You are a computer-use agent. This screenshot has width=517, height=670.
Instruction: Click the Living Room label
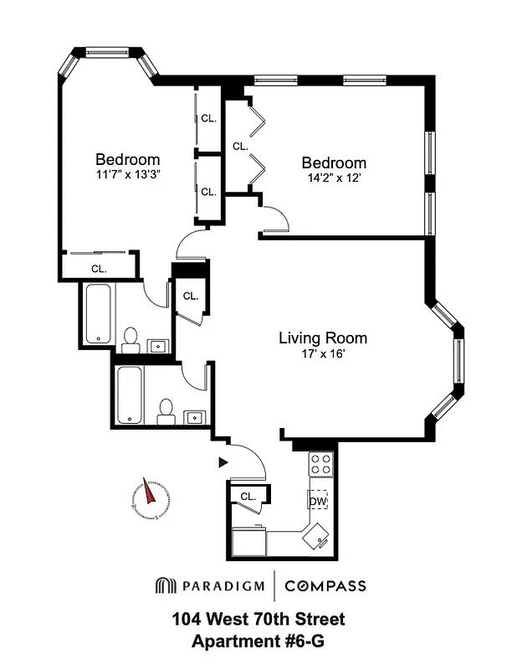[322, 338]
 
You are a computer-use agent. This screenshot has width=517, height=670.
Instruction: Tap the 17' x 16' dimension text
[322, 353]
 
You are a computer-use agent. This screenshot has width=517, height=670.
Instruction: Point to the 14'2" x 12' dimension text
[334, 178]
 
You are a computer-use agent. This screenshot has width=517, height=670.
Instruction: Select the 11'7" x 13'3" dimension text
[127, 175]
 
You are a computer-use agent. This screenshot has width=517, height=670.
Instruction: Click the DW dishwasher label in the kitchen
[318, 502]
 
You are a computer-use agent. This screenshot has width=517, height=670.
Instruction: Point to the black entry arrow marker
[223, 461]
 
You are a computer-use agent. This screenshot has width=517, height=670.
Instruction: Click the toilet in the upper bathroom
[130, 339]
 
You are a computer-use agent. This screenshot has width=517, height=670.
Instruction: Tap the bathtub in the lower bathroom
[129, 394]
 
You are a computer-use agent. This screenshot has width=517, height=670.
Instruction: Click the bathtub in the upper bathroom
[98, 315]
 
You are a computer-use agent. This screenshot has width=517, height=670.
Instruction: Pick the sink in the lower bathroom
[196, 415]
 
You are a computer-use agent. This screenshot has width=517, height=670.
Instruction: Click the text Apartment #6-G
[258, 642]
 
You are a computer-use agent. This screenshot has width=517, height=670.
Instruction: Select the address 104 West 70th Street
[258, 621]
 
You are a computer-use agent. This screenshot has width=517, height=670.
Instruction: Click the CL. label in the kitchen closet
[248, 497]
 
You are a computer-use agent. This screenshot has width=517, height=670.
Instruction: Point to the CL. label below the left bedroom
[99, 269]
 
